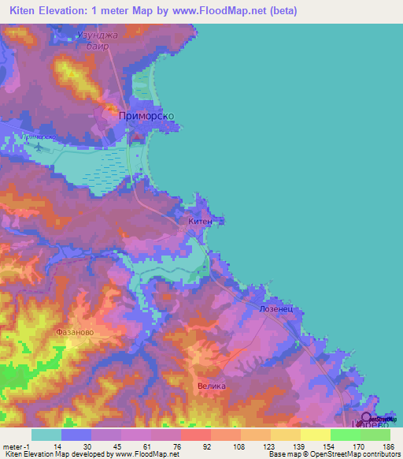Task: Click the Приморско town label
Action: click(146, 115)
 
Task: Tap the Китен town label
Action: click(201, 222)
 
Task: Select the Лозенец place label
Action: click(275, 310)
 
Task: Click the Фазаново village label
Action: click(75, 332)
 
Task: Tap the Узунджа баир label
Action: click(101, 41)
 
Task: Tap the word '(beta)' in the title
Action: click(280, 10)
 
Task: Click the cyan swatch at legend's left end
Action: click(46, 435)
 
